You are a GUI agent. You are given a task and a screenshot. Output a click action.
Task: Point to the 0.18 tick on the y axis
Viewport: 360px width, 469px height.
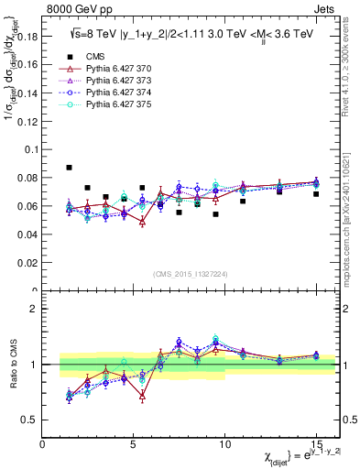[x=27, y=38]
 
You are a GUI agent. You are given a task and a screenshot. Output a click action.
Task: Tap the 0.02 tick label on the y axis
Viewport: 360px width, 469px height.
[x=27, y=263]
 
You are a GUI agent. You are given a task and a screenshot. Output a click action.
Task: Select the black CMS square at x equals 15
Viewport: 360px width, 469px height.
[x=316, y=194]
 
